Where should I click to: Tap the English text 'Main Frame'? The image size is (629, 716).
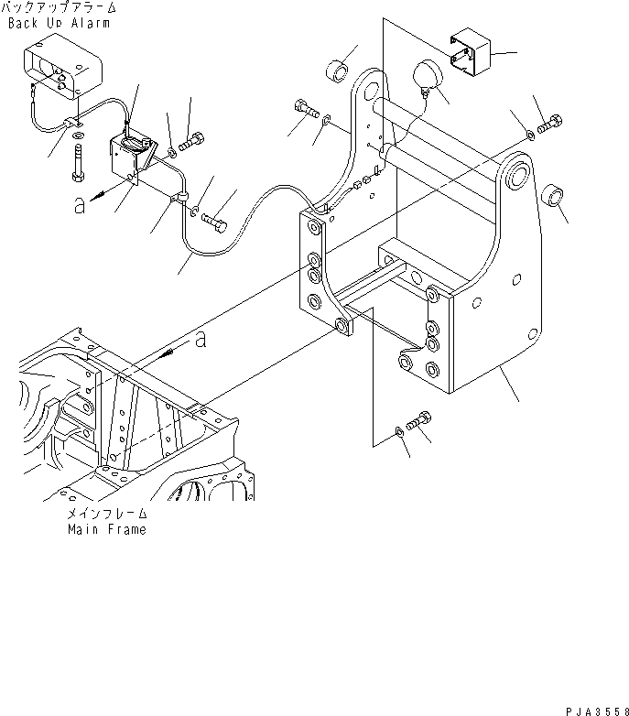click(105, 529)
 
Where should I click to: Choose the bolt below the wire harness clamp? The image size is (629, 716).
click(216, 218)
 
